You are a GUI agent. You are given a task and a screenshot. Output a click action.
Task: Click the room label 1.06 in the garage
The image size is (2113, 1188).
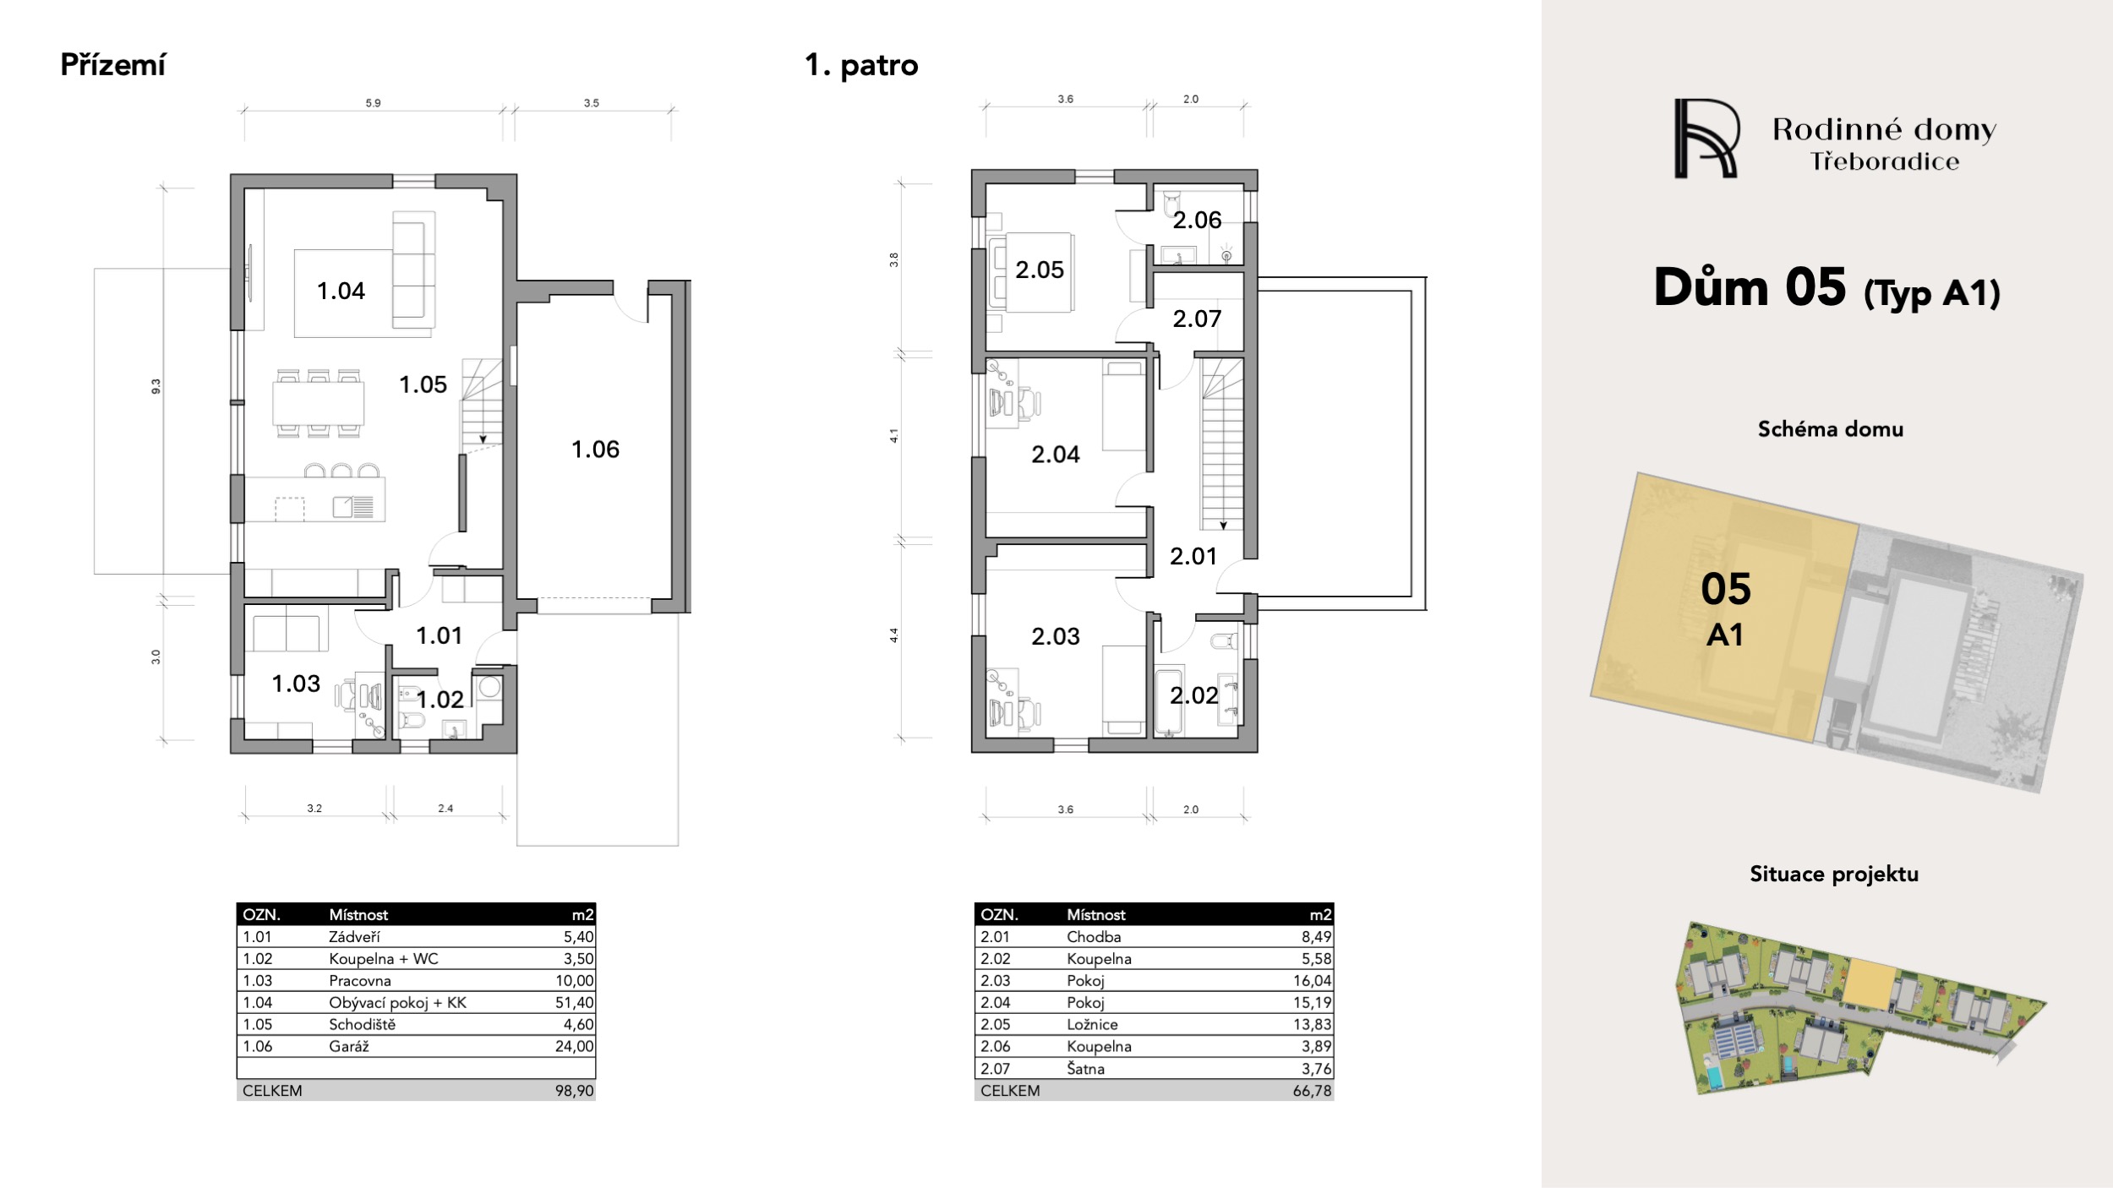(595, 450)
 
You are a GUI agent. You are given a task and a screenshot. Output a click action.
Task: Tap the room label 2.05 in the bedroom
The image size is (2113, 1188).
(1039, 270)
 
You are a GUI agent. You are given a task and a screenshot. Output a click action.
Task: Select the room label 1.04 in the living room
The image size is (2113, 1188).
(341, 292)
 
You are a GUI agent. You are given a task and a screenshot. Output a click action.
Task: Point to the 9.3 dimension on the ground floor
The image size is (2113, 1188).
(156, 386)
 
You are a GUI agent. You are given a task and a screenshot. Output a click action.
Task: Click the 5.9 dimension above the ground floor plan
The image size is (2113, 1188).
(373, 103)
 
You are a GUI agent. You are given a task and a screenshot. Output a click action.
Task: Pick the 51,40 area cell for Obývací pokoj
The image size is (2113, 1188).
(575, 1003)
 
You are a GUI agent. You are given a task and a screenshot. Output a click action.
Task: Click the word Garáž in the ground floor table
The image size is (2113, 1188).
(349, 1047)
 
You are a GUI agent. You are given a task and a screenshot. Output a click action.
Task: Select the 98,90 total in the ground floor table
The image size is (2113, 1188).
(575, 1091)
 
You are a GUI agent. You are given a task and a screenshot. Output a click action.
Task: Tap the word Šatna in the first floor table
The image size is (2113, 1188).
(1085, 1069)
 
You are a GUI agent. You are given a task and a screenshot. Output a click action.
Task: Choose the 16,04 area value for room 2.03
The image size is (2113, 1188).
(1313, 981)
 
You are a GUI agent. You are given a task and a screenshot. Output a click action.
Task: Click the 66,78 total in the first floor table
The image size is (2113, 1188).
(1313, 1091)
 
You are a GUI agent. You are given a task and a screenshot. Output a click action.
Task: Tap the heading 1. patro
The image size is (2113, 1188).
(861, 66)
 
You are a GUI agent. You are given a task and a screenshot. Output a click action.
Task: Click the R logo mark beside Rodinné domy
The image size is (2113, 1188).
(1706, 139)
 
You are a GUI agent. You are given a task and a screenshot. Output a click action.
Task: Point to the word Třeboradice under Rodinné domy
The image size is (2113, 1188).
(1884, 162)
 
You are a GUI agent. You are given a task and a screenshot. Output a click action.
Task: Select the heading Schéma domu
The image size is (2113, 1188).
(1831, 429)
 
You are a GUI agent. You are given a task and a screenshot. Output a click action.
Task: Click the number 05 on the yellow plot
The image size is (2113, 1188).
(1726, 590)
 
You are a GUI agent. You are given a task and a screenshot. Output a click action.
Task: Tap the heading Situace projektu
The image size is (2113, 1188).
(1834, 875)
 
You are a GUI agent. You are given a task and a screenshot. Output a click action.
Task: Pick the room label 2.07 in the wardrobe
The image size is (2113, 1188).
(1197, 319)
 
